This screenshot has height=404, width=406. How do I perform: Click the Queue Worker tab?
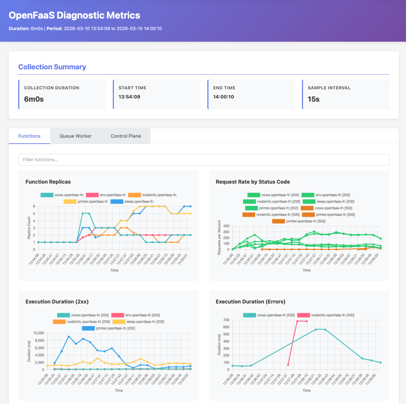pos(75,136)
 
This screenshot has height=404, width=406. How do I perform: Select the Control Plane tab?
pos(126,136)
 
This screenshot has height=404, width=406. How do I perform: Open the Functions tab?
pos(29,136)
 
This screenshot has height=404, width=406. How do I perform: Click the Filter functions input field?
pos(204,160)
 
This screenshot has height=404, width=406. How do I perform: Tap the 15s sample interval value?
pos(314,99)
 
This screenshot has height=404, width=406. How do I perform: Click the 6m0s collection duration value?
pos(34,99)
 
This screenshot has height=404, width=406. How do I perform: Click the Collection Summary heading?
pos(52,67)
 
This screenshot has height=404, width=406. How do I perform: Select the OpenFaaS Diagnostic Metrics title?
pos(74,15)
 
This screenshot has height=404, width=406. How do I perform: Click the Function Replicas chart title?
pos(48,182)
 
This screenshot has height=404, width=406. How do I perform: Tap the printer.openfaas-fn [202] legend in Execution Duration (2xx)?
pos(108,328)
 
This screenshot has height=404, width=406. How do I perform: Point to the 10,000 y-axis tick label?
pos(38,333)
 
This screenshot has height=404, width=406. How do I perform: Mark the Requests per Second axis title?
pos(219,238)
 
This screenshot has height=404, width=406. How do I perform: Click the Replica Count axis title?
pos(29,228)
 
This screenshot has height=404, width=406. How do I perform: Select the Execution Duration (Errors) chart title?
pos(250,301)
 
